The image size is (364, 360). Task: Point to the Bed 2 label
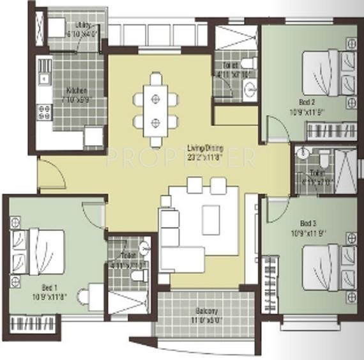click(307, 102)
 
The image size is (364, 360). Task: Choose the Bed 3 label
click(308, 224)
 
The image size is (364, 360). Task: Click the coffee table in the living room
click(211, 218)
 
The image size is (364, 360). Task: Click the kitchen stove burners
click(45, 112)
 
